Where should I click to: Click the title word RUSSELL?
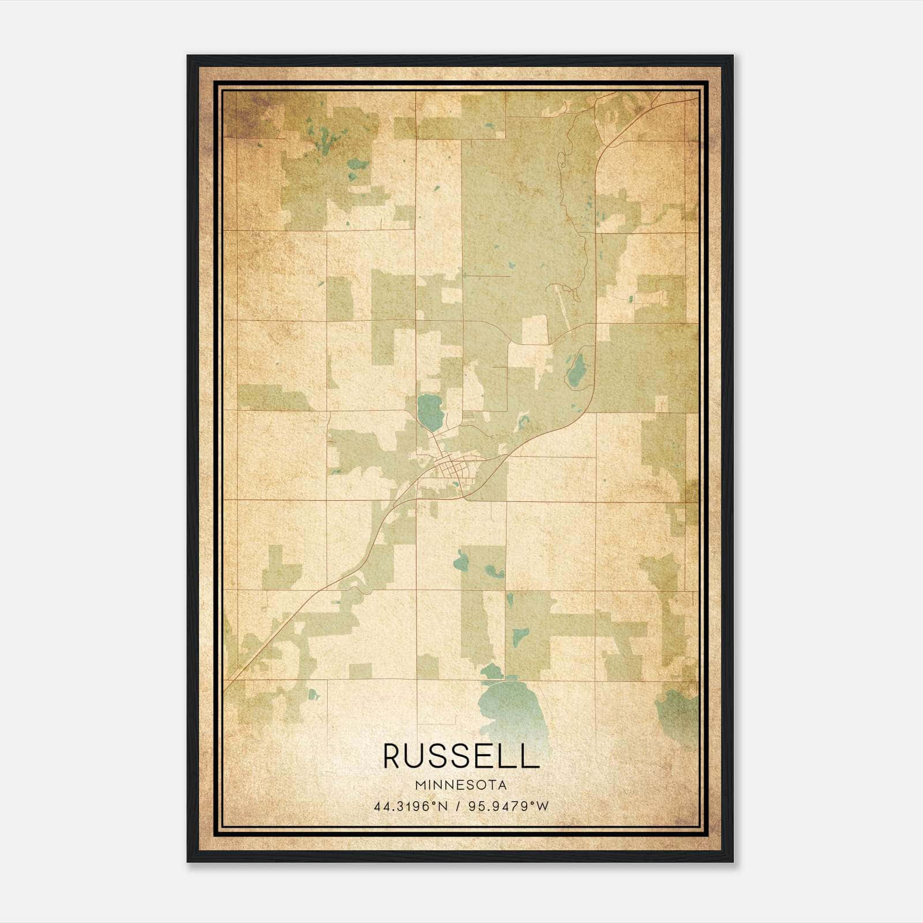[461, 756]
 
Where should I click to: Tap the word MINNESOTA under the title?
[461, 785]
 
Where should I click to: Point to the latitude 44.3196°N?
[411, 806]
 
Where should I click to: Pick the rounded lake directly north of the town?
[430, 411]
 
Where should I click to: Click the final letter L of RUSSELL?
[531, 756]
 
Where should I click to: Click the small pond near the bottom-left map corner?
[313, 694]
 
